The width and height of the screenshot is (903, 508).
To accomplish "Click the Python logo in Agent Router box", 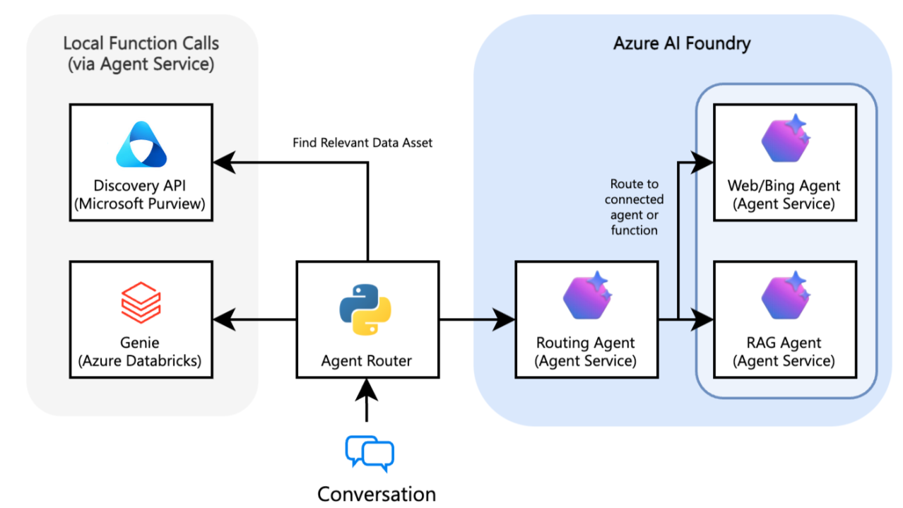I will (x=365, y=309).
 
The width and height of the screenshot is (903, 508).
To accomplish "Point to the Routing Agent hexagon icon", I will (x=586, y=297).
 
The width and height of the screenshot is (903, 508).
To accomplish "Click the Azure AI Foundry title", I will (x=681, y=43).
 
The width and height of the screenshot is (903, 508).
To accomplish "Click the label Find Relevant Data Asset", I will (x=362, y=143).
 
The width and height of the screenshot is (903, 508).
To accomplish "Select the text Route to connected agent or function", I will (x=634, y=207).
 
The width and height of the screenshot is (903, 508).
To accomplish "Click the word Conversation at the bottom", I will (x=376, y=493).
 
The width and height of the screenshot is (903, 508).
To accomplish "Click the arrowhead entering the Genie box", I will (x=224, y=320).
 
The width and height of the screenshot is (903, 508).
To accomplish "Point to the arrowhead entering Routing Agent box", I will (x=504, y=320).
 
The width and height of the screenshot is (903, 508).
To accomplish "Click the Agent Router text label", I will (x=366, y=361).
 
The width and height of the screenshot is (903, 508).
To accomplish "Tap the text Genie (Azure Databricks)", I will (x=141, y=351).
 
